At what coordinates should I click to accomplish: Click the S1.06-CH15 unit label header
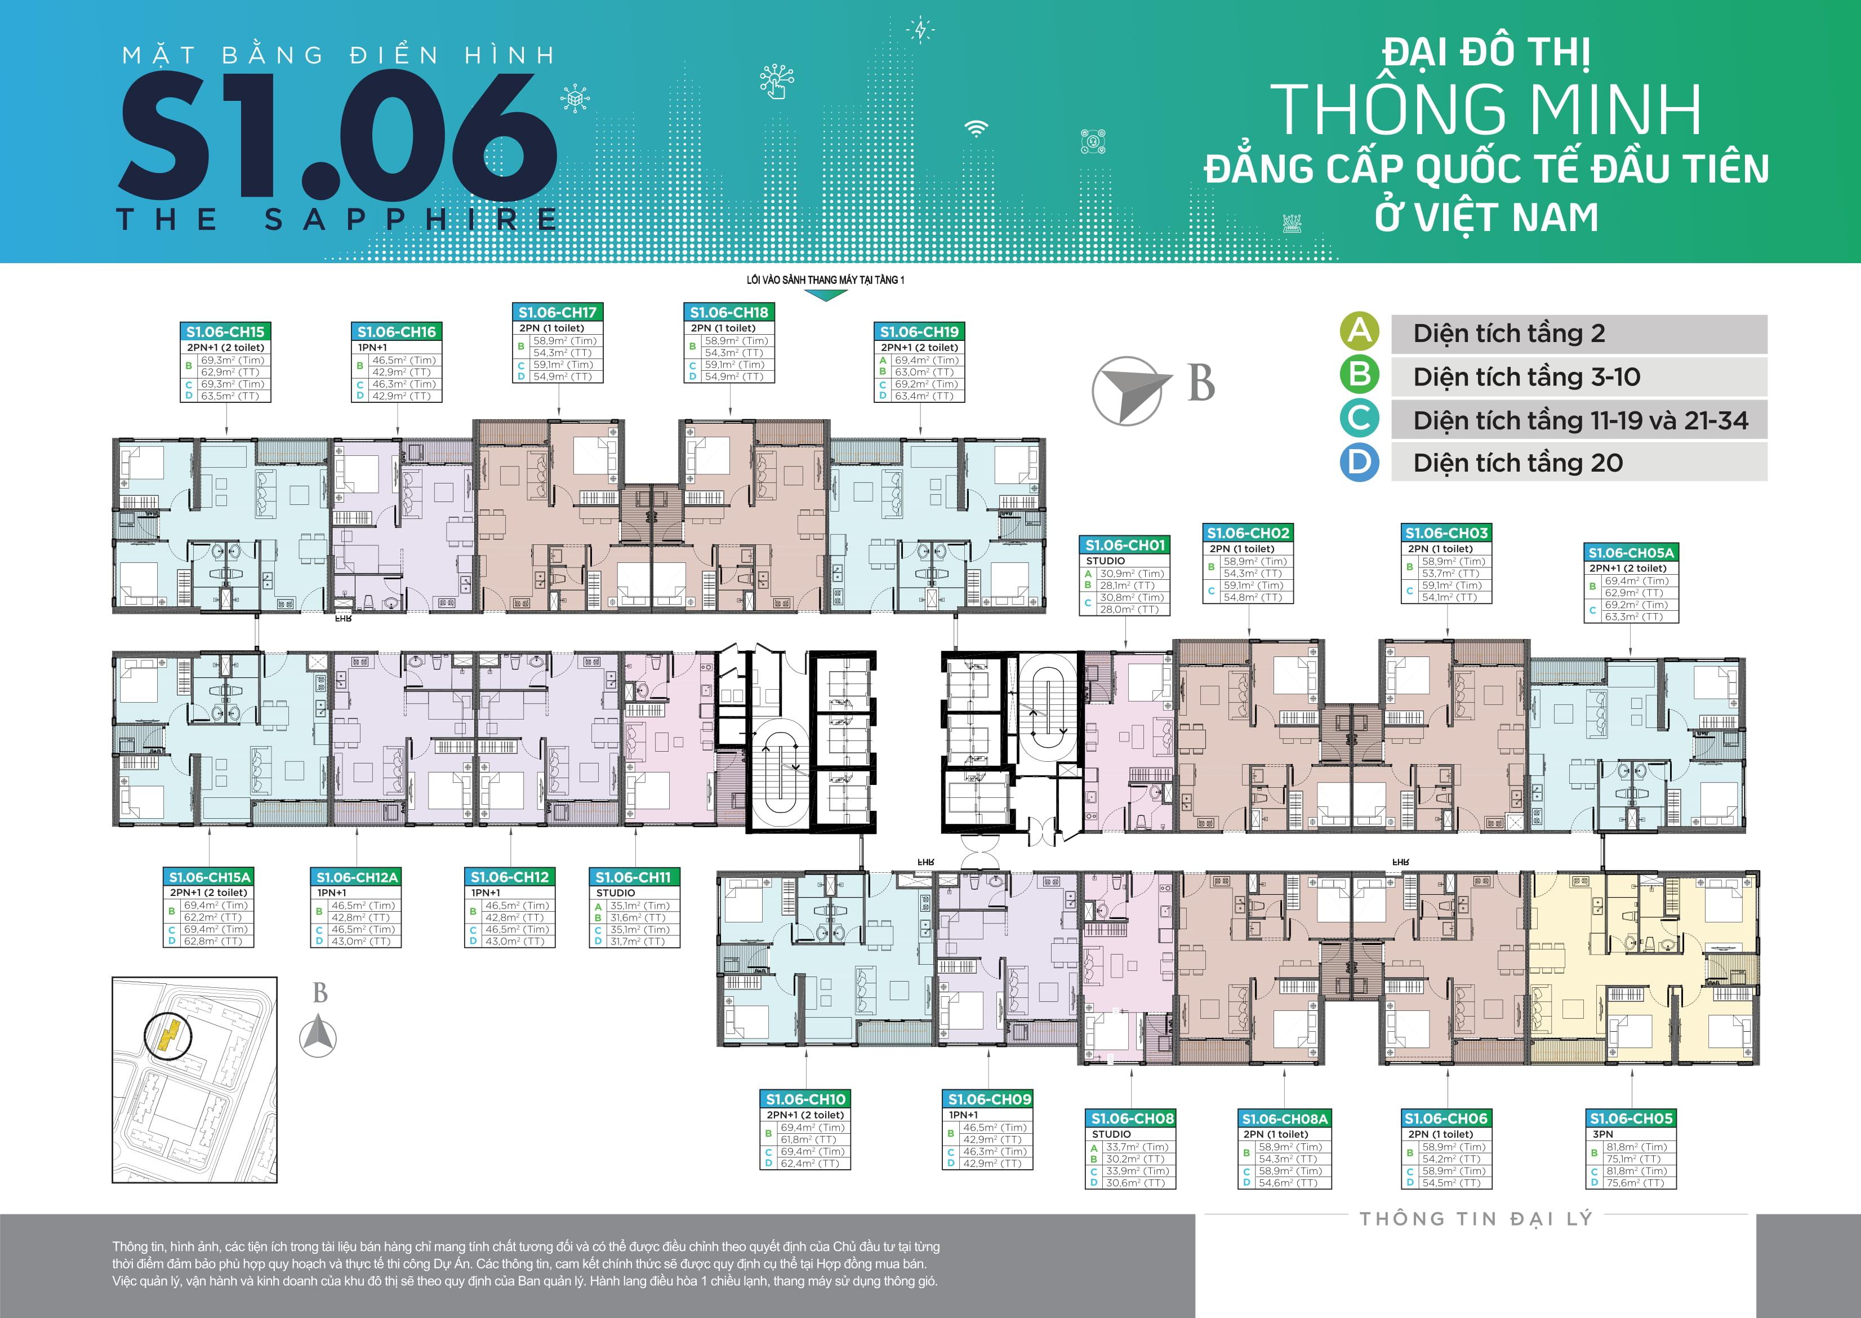pos(225,331)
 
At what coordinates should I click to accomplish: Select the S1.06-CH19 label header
pos(919,331)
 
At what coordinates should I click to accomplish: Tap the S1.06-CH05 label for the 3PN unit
pos(1631,1119)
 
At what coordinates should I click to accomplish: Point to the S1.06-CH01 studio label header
pos(1124,545)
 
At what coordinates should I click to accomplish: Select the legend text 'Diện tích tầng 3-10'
pos(1526,378)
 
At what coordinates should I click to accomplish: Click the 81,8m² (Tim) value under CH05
pos(1636,1147)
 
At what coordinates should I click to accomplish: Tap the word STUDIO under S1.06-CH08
pos(1111,1134)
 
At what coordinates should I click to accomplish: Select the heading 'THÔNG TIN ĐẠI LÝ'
pos(1476,1219)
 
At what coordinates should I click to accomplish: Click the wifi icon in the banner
pos(976,128)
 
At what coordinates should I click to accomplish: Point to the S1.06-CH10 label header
pos(805,1099)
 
